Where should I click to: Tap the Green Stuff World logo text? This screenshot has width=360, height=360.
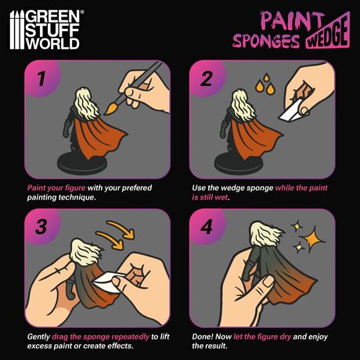tap(53, 30)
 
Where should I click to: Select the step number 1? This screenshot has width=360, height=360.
tap(41, 78)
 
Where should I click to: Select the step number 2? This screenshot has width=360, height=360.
tap(206, 79)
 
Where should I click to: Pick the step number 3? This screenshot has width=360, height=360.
tap(41, 226)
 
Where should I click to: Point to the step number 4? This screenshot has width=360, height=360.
tap(207, 227)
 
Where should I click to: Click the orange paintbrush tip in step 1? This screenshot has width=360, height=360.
tap(111, 109)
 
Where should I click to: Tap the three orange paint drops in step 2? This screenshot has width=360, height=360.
tap(265, 85)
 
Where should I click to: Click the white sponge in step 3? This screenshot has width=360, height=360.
tap(109, 282)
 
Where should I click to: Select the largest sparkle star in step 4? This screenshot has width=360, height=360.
tap(312, 239)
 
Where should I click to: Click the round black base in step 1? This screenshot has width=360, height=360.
tap(82, 164)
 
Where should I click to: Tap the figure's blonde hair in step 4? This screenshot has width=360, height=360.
tap(265, 234)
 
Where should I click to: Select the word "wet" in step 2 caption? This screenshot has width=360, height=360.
tap(221, 197)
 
